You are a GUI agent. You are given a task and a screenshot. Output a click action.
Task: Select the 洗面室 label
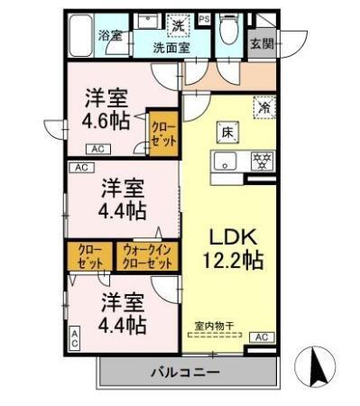tap(171, 48)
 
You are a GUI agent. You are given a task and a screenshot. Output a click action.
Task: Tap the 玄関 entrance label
tap(262, 43)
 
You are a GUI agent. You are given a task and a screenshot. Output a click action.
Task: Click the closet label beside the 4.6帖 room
tap(163, 134)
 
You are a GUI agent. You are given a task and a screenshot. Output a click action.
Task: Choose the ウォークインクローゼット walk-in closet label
tap(147, 257)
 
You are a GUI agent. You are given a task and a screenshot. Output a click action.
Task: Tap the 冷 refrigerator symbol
tap(264, 106)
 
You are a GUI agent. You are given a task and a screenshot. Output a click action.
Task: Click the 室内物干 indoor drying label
tap(213, 326)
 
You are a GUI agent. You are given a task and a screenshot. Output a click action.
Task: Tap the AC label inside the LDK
tap(262, 337)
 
